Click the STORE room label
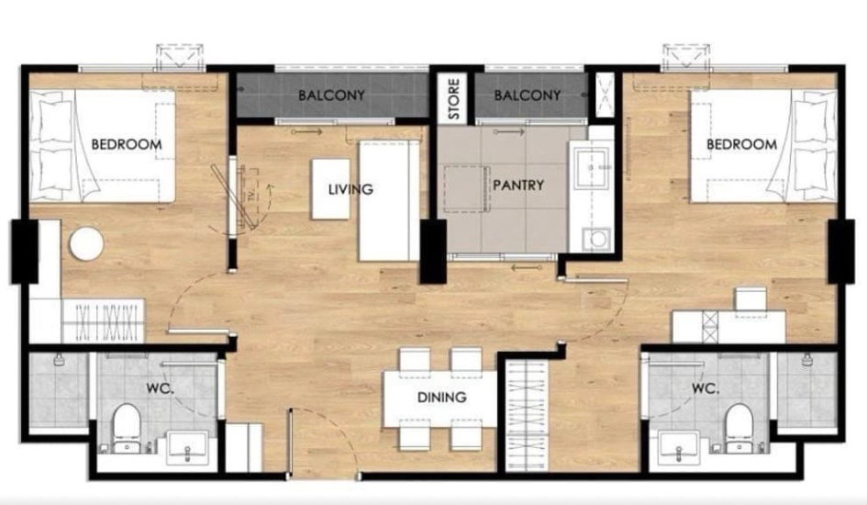(454, 99)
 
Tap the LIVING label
(350, 190)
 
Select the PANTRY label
(518, 185)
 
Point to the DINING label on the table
(441, 398)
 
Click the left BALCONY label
(332, 95)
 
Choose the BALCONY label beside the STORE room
(528, 95)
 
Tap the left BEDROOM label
(127, 144)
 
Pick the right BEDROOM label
(742, 144)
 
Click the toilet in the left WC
(128, 428)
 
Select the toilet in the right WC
(739, 428)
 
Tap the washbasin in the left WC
(188, 447)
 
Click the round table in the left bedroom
(86, 243)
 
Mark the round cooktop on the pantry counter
(597, 239)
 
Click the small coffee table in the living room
(330, 189)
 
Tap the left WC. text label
(161, 388)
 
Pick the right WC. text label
(706, 388)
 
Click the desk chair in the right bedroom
(750, 298)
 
